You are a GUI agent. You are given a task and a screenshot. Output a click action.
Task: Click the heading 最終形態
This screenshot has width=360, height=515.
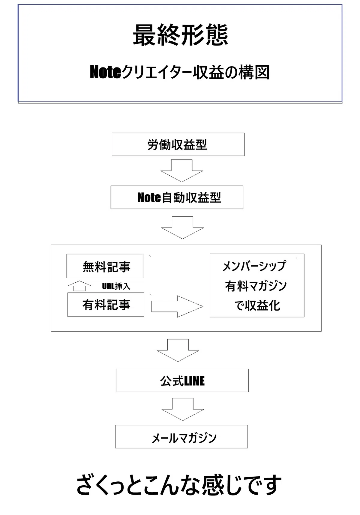180,35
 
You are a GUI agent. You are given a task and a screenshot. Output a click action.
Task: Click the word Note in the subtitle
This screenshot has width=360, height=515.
105,72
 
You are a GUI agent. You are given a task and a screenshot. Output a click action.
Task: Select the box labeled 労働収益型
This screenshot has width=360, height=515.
178,144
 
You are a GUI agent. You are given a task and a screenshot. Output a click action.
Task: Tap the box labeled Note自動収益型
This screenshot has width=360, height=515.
177,197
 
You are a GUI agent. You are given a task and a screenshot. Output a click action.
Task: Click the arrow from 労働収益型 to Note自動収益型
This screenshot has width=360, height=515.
181,171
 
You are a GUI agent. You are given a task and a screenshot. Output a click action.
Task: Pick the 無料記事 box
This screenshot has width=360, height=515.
105,266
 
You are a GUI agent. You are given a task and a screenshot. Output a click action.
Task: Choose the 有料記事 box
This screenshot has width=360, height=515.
106,305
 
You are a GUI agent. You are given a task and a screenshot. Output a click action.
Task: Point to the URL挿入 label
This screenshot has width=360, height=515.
116,286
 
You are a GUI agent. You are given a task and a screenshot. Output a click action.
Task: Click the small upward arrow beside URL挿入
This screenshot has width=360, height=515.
79,286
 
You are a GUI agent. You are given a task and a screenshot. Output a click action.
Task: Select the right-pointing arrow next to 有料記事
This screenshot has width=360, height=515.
177,306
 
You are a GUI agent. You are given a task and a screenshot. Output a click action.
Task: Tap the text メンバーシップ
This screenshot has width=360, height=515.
254,266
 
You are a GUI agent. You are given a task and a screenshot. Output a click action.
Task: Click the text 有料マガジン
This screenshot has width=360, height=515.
256,286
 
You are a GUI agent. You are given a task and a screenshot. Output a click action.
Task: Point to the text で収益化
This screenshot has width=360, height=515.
257,306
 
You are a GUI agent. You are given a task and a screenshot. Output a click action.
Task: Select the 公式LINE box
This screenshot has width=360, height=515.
182,380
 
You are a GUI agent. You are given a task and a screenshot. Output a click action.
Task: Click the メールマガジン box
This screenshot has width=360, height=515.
181,437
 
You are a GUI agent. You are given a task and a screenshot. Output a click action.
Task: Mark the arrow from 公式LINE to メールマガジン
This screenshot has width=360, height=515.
183,409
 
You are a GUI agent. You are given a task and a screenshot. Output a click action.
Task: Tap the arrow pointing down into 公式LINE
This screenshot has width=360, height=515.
178,350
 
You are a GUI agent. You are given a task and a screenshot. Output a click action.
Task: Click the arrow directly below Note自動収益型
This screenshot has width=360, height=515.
182,228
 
